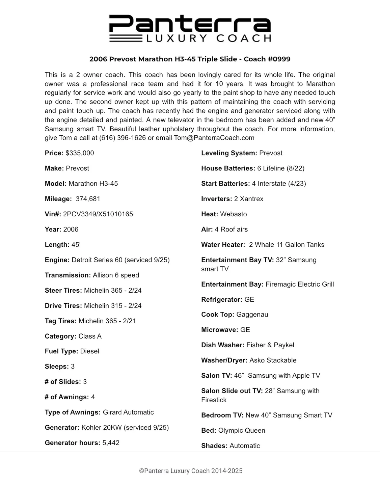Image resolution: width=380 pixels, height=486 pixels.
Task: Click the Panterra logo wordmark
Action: (190, 24)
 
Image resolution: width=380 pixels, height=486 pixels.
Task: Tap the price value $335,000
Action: (80, 153)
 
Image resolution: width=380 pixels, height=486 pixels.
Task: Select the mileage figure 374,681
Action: (88, 199)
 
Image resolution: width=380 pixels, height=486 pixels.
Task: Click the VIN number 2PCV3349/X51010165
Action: (98, 214)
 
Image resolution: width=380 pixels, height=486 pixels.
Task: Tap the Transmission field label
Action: (67, 275)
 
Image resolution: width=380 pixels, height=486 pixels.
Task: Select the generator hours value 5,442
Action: (111, 443)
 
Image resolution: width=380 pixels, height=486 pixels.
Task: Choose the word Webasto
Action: (233, 214)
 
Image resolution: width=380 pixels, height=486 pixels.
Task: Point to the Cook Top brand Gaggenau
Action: (252, 315)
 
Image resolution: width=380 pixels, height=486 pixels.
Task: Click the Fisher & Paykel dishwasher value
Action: (270, 345)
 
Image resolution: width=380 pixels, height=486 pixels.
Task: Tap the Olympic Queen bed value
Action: (242, 430)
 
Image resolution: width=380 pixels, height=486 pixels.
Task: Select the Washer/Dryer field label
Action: (224, 360)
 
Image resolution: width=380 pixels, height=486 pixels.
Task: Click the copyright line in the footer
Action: (191, 471)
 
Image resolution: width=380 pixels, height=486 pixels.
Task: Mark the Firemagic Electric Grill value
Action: (300, 284)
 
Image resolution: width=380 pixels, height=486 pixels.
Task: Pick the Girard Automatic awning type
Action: (128, 412)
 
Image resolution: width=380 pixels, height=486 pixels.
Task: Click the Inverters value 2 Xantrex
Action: (248, 199)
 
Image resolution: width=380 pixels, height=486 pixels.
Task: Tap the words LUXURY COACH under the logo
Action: (209, 38)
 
